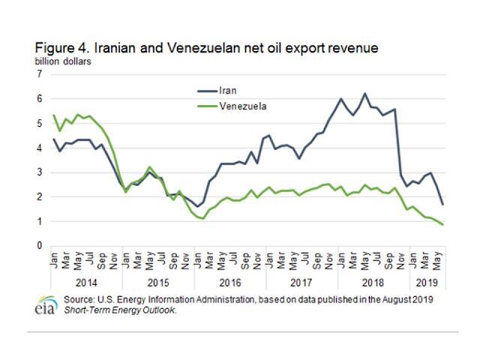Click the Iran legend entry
click(228, 91)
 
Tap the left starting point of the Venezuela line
click(55, 115)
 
